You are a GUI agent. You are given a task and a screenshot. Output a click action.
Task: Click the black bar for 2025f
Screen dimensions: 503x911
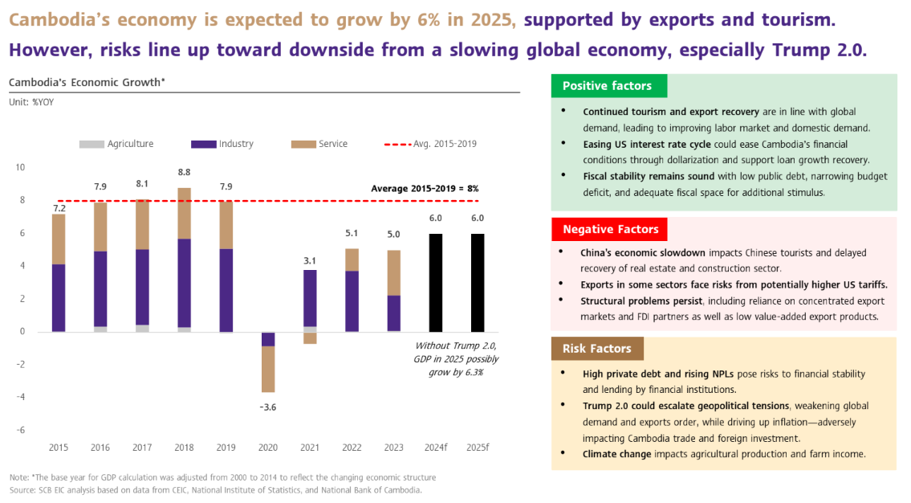[478, 282]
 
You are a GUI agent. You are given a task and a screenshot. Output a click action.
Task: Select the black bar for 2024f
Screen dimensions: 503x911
[436, 282]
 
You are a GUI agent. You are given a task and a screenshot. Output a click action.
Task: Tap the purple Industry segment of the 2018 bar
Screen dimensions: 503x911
[184, 283]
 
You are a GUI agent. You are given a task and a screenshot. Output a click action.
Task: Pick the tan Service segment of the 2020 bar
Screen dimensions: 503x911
[267, 369]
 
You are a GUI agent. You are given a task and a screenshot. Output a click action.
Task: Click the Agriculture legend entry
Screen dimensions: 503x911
[116, 144]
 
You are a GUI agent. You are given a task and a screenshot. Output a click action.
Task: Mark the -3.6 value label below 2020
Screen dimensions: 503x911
[267, 407]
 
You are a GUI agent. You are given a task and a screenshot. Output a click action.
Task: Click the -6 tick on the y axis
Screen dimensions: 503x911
[21, 430]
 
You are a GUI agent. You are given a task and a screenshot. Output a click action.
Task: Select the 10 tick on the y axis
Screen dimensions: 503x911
[21, 167]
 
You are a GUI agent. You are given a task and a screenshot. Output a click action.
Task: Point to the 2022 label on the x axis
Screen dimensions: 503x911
[351, 447]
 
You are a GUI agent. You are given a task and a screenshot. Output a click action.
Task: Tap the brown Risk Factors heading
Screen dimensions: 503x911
[597, 349]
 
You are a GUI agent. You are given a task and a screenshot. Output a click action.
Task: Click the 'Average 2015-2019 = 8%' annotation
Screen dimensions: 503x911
[425, 188]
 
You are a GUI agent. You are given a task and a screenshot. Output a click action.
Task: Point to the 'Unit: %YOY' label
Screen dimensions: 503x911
[31, 102]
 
